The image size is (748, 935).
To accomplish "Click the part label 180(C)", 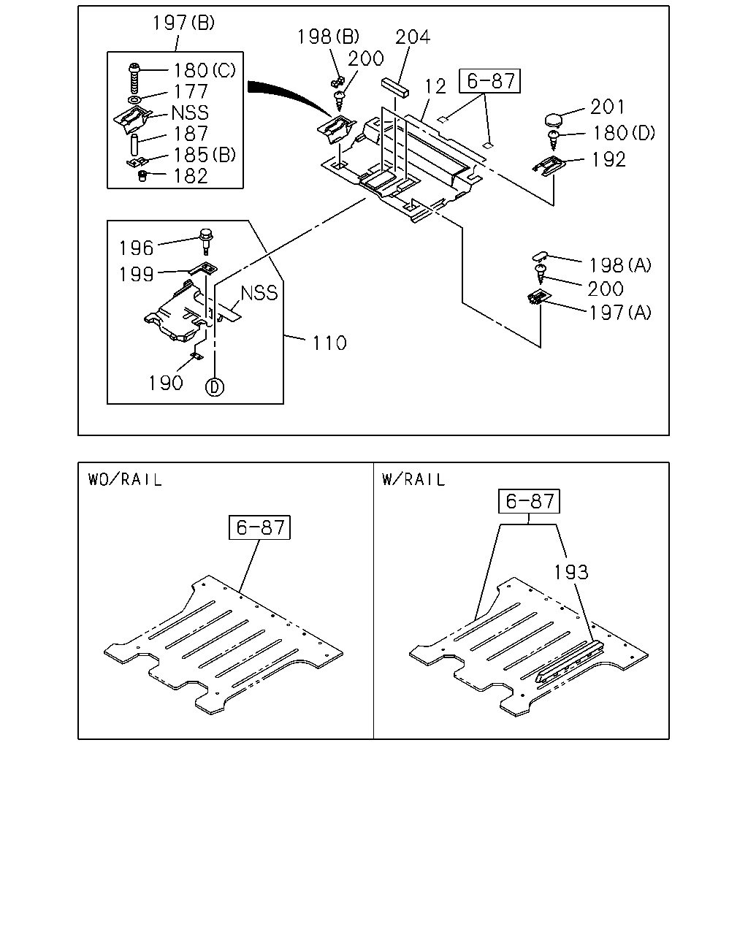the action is [205, 70].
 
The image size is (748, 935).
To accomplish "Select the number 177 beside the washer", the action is [191, 91].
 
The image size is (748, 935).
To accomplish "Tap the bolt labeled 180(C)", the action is [134, 78].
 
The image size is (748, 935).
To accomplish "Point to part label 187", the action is [191, 134].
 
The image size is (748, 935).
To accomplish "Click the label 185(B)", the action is [205, 155].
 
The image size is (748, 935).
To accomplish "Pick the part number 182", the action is [191, 176].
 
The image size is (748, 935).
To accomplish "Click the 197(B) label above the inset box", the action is [183, 23].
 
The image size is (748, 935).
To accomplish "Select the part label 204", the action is [413, 37].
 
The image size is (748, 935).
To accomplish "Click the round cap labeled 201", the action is [553, 120].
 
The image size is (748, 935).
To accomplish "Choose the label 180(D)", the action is [624, 133].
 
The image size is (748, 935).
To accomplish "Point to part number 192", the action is [608, 159].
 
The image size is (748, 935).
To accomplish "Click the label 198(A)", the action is [619, 265].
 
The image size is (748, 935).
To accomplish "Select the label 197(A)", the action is [619, 313].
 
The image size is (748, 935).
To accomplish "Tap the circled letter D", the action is [215, 386].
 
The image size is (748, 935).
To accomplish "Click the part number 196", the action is [137, 248].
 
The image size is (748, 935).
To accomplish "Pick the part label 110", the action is [329, 343].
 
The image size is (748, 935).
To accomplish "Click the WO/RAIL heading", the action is [125, 480].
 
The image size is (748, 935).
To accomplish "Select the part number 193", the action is [571, 572].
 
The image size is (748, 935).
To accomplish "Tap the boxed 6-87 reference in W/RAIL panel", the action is [529, 501].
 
